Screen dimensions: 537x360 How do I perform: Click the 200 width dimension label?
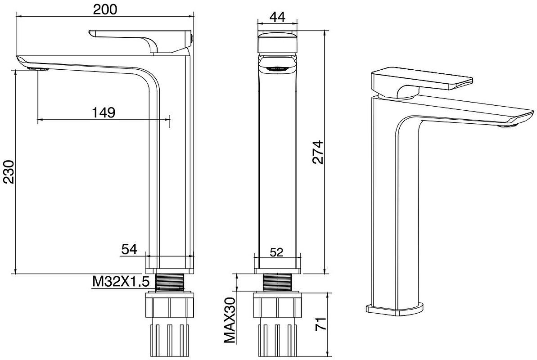(105, 9)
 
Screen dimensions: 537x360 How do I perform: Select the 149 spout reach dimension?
(104, 112)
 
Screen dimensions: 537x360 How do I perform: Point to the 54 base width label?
(129, 249)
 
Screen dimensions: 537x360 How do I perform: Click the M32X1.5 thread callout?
(121, 282)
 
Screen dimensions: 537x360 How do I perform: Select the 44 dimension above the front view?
(277, 17)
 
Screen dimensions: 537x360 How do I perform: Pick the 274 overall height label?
(318, 152)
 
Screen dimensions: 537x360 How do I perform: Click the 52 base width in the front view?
(277, 252)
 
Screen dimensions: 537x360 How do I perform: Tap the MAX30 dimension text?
(230, 320)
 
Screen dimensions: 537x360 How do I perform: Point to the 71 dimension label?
(320, 324)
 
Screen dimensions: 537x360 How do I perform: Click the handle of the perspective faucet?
(421, 81)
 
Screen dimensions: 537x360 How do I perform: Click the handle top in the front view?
(277, 42)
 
